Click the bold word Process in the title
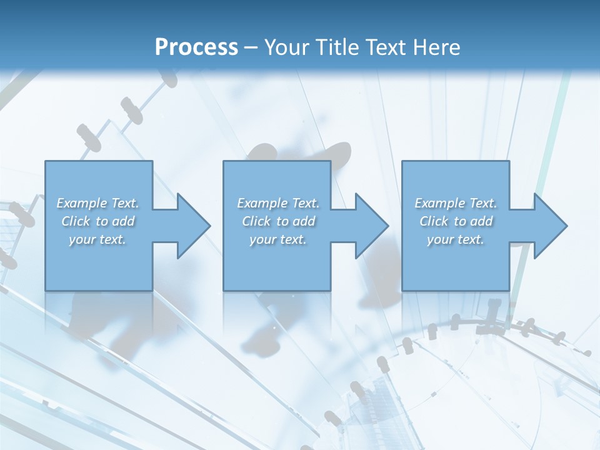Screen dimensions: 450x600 (196, 47)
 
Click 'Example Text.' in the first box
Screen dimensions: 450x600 (98, 203)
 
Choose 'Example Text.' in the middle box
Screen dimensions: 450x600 (278, 203)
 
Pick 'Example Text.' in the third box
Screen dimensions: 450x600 (456, 203)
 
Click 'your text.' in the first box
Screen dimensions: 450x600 (98, 239)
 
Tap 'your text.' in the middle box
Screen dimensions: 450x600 (278, 239)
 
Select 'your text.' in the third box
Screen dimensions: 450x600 (456, 239)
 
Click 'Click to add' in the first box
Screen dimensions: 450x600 (98, 221)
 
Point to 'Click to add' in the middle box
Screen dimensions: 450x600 (278, 221)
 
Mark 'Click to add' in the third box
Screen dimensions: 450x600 (456, 221)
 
